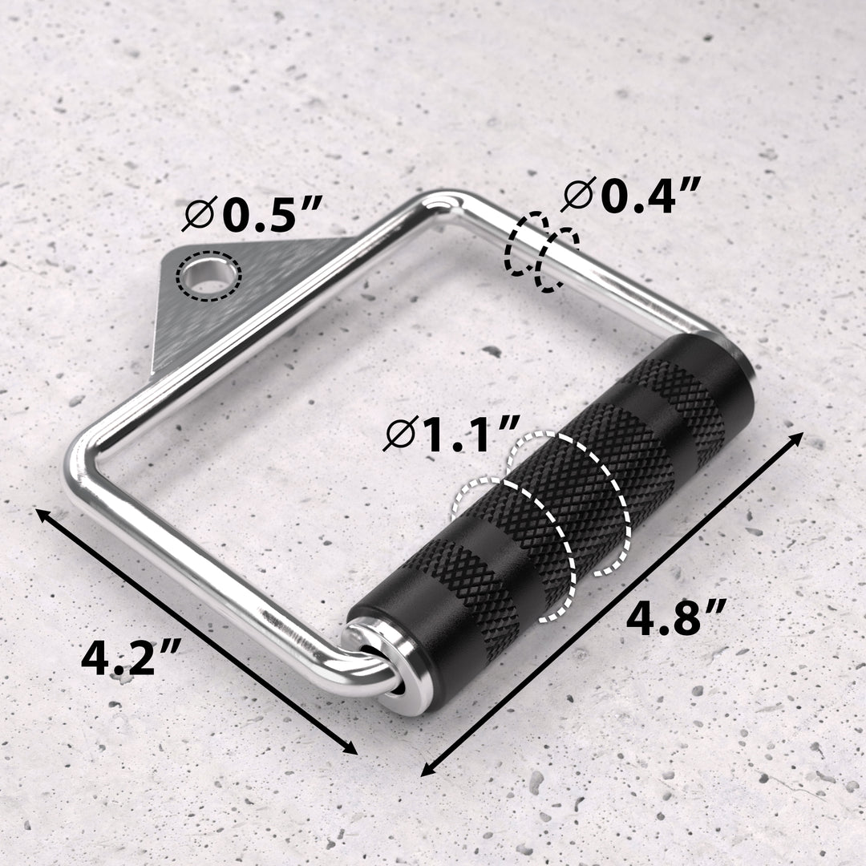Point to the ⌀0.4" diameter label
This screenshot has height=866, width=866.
(633, 196)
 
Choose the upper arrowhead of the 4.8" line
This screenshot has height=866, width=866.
(798, 436)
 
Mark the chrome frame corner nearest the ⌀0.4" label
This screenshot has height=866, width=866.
(449, 200)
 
